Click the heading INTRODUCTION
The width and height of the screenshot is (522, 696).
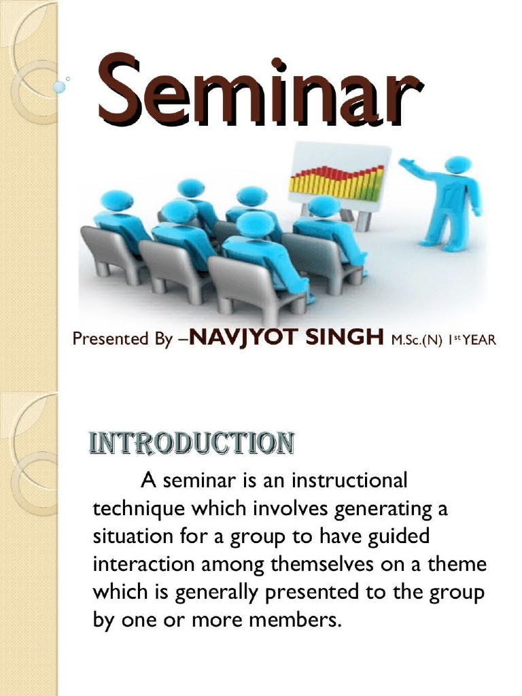point(192,443)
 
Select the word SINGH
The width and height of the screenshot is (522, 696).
point(346,338)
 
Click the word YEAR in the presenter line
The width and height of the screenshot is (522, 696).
point(479,339)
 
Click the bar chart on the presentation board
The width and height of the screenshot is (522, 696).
point(336,179)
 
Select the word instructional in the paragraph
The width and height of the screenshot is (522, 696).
point(349,481)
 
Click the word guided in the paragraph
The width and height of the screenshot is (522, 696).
point(400,536)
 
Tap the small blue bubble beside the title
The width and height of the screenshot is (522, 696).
point(60,88)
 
